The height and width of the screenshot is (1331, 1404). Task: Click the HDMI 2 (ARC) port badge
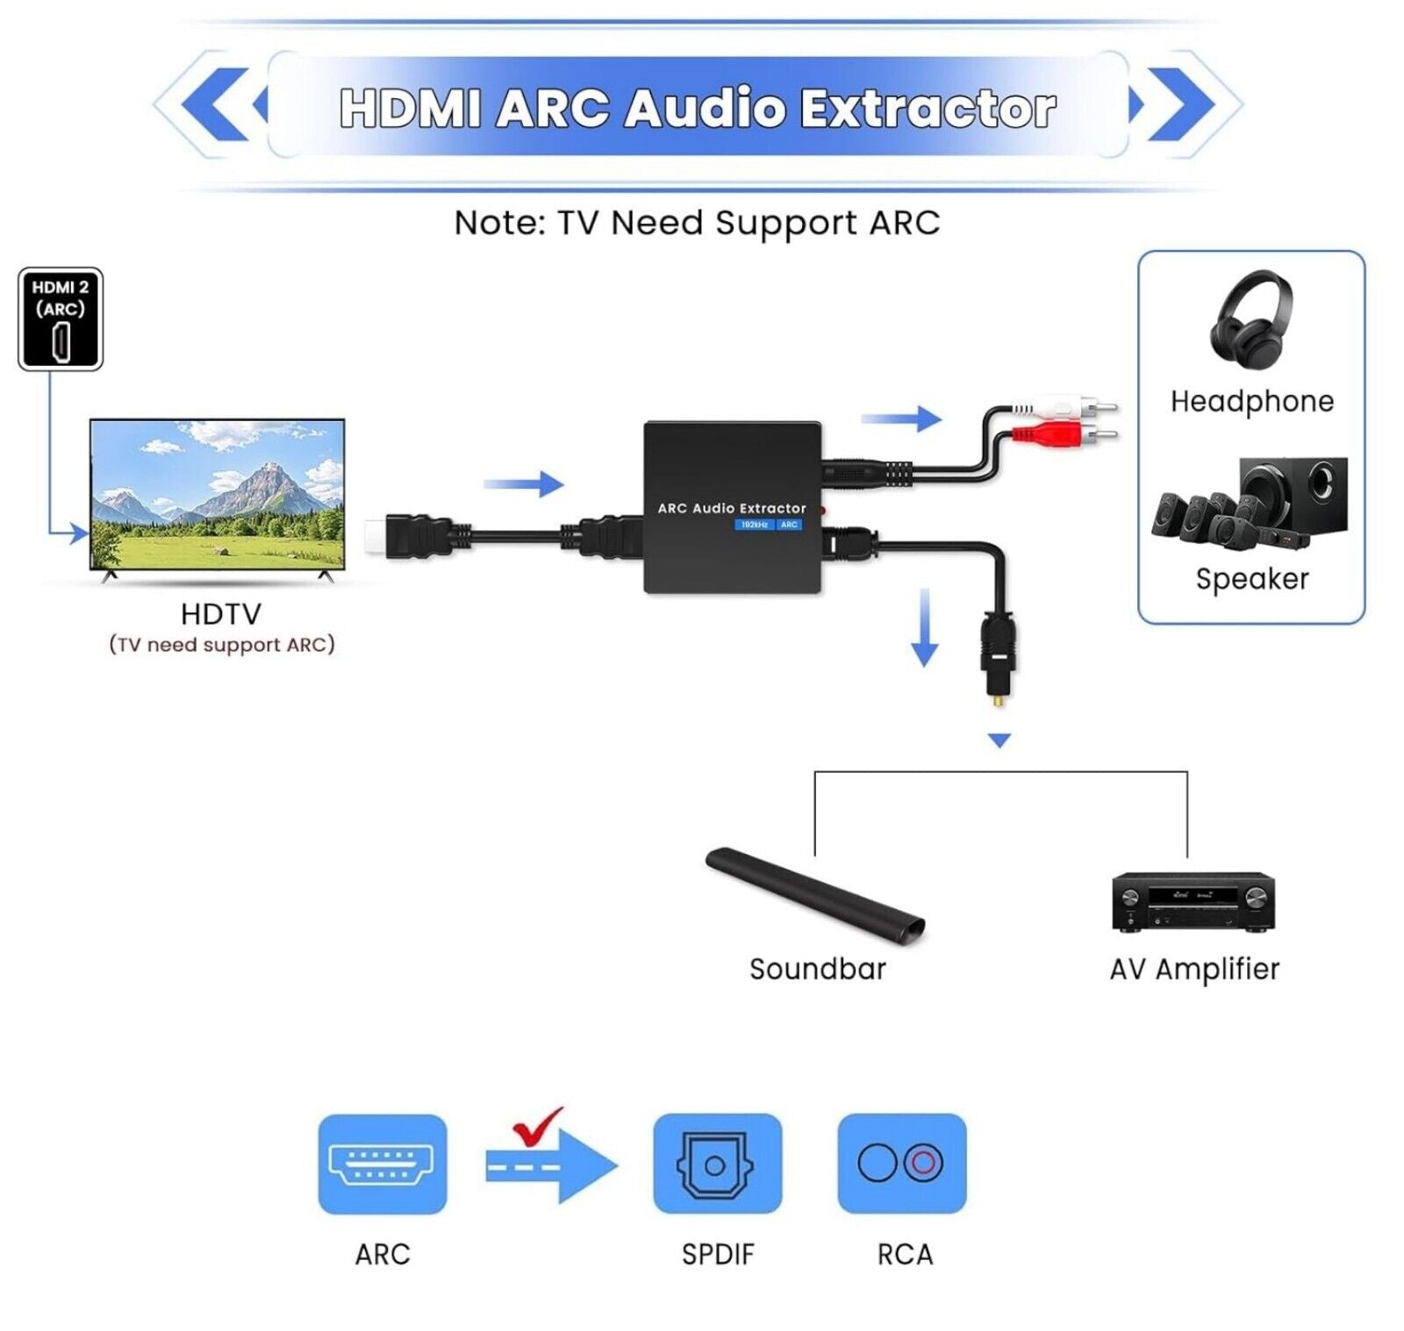(x=61, y=318)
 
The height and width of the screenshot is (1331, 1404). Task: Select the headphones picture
(x=1250, y=321)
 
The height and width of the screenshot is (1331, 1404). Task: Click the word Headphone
(x=1251, y=402)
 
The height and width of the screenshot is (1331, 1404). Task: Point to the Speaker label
(x=1251, y=579)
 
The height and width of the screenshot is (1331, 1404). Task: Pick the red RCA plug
(x=1062, y=433)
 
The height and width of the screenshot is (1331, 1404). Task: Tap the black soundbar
(x=815, y=895)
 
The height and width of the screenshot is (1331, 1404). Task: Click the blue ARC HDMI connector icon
(x=382, y=1164)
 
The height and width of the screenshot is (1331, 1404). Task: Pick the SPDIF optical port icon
(x=717, y=1164)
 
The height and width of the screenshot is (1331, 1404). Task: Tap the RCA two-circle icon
(x=901, y=1163)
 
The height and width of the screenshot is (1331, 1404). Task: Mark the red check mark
(x=537, y=1126)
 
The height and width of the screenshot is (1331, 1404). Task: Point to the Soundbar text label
(x=817, y=970)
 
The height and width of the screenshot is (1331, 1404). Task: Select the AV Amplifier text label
(x=1194, y=970)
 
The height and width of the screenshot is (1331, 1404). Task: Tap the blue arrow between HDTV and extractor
(x=524, y=483)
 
